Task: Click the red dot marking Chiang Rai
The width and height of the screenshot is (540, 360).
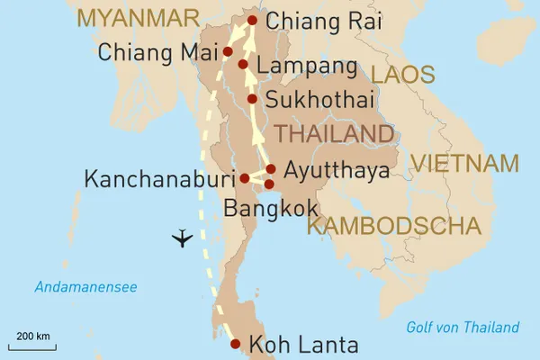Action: (252, 21)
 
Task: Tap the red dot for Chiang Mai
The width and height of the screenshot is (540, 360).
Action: (228, 51)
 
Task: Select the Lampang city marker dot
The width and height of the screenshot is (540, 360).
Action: (243, 65)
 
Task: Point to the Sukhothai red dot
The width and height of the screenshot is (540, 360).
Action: (252, 99)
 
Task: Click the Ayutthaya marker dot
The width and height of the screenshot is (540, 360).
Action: (271, 168)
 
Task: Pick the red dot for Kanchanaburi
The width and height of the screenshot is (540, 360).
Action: (245, 177)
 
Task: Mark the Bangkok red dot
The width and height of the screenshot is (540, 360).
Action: (269, 184)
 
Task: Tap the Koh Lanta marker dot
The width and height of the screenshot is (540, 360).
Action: (235, 344)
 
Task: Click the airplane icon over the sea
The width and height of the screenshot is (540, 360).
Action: (183, 238)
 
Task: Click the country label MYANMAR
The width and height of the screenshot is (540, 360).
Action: (138, 17)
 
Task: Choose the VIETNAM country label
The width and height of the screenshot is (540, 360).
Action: (464, 164)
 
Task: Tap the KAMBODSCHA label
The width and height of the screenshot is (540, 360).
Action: (393, 226)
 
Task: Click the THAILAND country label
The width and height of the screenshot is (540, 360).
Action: (334, 134)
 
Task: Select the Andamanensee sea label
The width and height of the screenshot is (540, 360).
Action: (85, 287)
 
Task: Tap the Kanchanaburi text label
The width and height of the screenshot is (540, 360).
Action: (159, 178)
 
